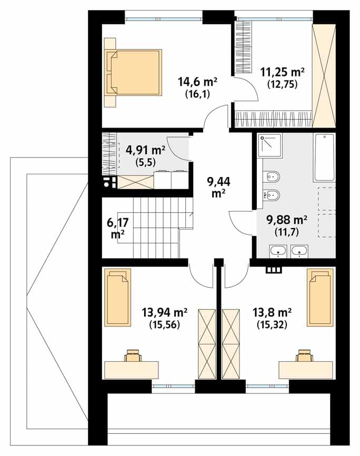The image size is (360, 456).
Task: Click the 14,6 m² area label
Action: (197, 82)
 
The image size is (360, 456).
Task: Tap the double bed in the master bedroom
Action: (134, 73)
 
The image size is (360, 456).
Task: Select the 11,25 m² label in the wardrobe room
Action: (282, 71)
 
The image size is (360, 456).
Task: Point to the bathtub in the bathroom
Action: (324, 157)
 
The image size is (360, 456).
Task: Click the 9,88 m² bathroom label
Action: (287, 220)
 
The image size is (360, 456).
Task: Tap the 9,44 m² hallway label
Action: (218, 187)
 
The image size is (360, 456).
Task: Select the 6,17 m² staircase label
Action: (117, 229)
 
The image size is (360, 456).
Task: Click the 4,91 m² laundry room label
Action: (145, 150)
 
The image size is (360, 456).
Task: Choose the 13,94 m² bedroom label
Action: (164, 313)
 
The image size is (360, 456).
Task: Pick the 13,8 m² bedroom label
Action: (272, 313)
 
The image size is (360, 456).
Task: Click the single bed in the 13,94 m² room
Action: (118, 297)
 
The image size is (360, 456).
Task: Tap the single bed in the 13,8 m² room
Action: (319, 297)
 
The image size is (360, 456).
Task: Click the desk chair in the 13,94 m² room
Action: (133, 355)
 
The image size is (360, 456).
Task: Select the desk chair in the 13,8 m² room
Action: (304, 355)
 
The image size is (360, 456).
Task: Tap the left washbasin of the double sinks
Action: (278, 251)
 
